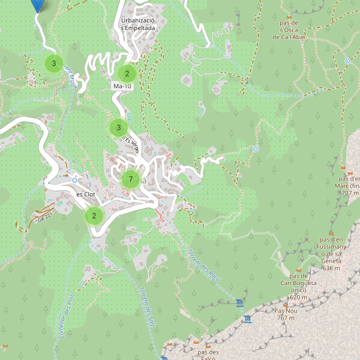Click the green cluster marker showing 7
130,179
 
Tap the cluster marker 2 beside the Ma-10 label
127,74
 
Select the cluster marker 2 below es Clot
94,216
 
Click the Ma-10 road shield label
122,86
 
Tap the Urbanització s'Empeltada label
138,23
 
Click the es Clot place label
86,194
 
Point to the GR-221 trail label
43,217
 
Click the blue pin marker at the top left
38,5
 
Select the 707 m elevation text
350,193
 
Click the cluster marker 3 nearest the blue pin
54,63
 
